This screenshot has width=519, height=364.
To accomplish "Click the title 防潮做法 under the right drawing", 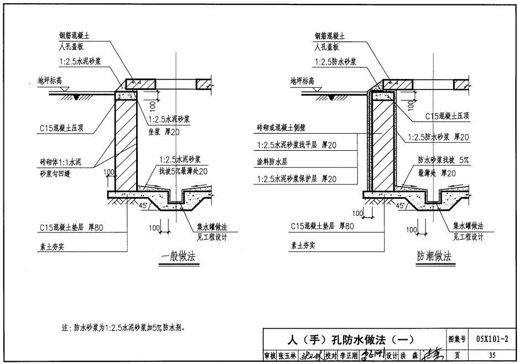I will coord(434,256).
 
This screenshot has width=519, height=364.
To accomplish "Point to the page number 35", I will coord(492,355).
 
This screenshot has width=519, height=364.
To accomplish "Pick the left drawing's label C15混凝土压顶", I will coord(64,128).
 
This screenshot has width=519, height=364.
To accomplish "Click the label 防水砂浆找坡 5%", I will coord(443,160).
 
